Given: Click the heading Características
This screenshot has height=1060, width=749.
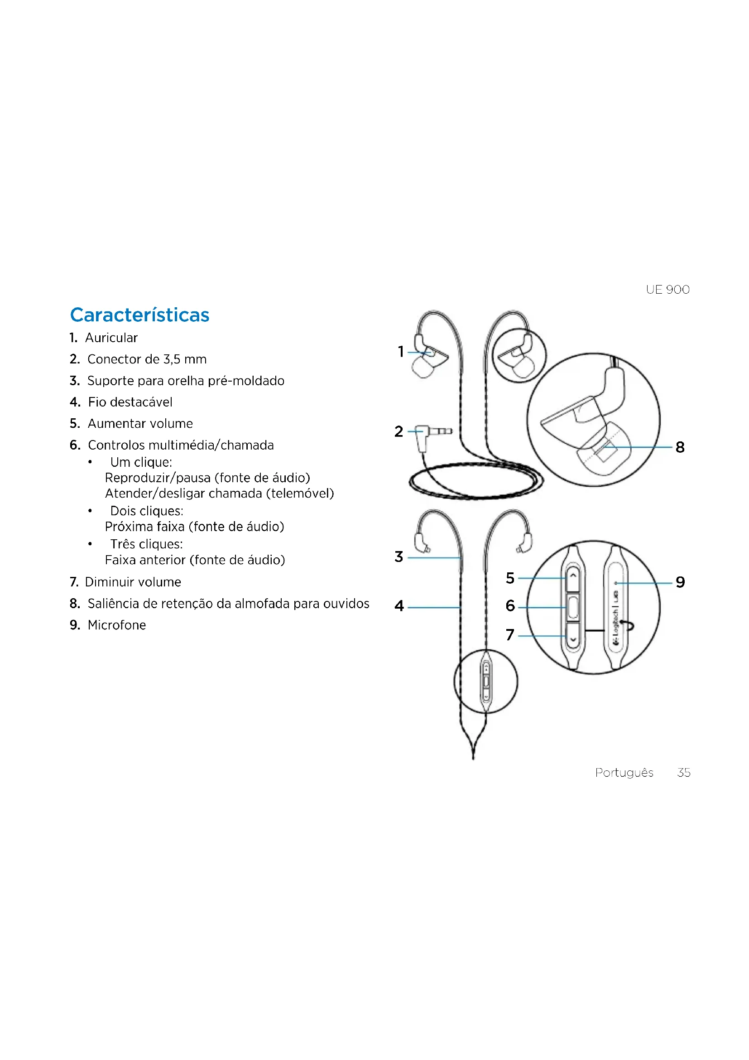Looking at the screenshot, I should (x=139, y=315).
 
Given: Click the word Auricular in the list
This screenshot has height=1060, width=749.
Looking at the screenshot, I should (x=111, y=338).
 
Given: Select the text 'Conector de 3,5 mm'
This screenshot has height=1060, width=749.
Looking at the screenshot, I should (x=147, y=359).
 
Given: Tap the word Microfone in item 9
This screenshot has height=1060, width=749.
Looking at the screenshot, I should (x=117, y=625).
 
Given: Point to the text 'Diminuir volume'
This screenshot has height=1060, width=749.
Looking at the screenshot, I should (x=133, y=582).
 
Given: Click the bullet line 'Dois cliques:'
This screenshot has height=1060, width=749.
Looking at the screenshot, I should (x=147, y=511).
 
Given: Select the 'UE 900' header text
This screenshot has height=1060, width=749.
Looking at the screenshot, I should (x=667, y=290).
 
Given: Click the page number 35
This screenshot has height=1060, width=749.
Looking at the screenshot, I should (x=683, y=773).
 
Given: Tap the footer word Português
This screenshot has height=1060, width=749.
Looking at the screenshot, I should (x=624, y=773).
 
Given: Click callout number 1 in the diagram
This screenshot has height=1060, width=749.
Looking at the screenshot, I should (x=401, y=352).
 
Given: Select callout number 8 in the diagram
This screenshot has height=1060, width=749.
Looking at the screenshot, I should (x=680, y=447).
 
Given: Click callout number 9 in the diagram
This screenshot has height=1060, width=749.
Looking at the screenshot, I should (x=680, y=582).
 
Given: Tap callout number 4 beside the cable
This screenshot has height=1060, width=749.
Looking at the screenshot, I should (x=399, y=606).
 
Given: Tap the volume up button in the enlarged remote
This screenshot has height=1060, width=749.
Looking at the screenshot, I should (x=573, y=577).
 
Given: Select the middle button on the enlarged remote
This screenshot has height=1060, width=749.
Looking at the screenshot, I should (x=573, y=608).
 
